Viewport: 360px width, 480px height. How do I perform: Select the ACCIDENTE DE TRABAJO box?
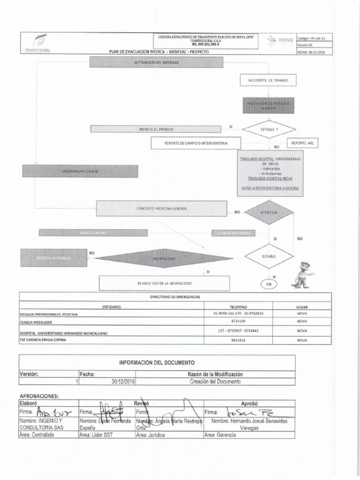(268, 81)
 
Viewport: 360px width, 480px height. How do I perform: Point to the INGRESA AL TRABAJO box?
(156, 129)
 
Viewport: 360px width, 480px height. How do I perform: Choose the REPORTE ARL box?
(302, 142)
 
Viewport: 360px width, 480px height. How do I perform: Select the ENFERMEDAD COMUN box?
(80, 171)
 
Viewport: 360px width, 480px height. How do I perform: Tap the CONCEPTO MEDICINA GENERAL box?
(162, 208)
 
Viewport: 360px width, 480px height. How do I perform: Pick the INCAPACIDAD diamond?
(164, 259)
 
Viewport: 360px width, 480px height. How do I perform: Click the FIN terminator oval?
(268, 284)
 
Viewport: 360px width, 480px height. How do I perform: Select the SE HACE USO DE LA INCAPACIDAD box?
(164, 284)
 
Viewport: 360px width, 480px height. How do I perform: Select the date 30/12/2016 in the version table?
(123, 382)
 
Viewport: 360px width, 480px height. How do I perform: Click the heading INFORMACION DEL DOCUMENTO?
(157, 363)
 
